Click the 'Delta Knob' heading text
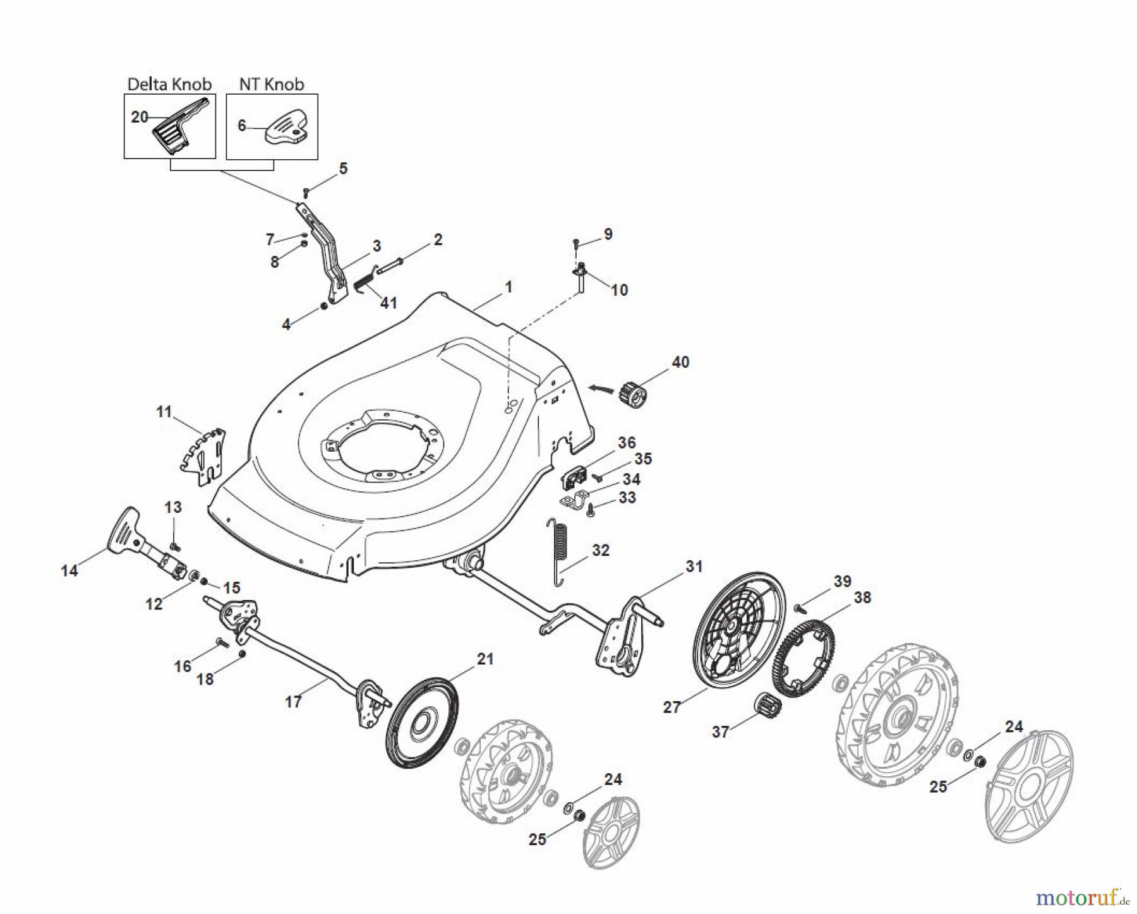click(169, 84)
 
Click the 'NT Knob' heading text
click(272, 84)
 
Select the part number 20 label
click(139, 117)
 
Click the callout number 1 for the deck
click(508, 287)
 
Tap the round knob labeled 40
click(635, 395)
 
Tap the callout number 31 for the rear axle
click(694, 567)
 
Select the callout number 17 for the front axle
click(293, 701)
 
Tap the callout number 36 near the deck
click(626, 442)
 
